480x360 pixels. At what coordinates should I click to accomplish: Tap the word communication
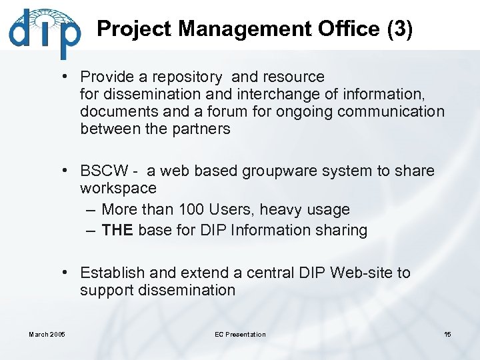click(391, 111)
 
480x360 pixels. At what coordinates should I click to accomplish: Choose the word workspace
click(118, 189)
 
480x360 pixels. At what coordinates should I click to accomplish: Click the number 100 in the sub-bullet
click(191, 209)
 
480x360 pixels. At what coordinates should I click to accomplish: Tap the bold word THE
click(118, 231)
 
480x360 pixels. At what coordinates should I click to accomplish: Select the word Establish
click(109, 273)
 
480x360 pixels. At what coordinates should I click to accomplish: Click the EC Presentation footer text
click(240, 334)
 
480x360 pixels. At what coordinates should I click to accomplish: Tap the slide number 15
click(447, 334)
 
